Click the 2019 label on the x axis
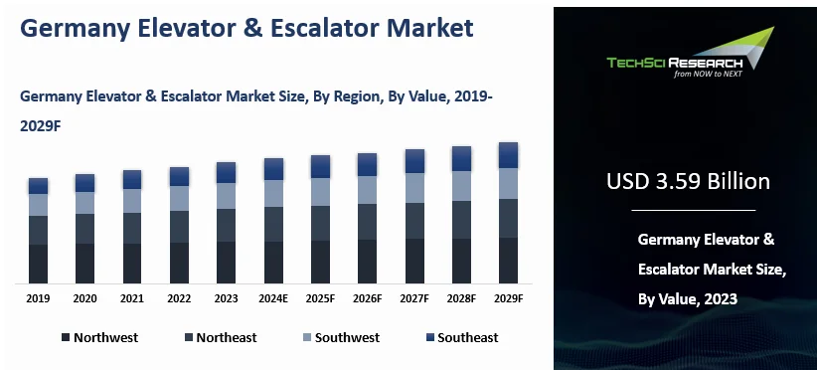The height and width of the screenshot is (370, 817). click(38, 298)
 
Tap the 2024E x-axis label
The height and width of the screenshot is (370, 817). click(272, 298)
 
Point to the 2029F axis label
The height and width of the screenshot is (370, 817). click(508, 298)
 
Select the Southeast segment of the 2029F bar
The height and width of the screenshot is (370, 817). click(508, 155)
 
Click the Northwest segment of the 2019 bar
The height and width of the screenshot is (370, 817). click(38, 264)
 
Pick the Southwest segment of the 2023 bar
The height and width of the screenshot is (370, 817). click(226, 196)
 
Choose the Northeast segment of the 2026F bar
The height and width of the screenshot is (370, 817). click(367, 222)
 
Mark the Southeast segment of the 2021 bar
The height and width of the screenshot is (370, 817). click(132, 179)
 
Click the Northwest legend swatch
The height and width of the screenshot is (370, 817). click(65, 338)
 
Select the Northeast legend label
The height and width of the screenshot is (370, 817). click(226, 338)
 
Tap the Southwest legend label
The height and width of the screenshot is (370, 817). click(347, 338)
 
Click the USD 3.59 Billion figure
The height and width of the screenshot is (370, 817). click(688, 182)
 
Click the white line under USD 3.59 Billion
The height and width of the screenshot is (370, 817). click(693, 211)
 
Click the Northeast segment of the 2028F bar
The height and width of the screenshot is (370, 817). click(461, 220)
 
